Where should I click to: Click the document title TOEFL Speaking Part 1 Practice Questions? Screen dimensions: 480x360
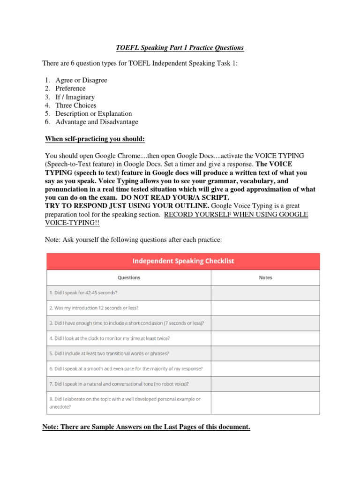pos(180,48)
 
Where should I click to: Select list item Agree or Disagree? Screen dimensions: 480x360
pos(81,80)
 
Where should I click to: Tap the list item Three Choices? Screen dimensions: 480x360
pos(75,105)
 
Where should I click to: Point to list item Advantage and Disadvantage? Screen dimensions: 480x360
pos(97,122)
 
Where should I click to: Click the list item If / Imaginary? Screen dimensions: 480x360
pos(75,97)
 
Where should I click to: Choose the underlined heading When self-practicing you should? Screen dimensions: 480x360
pos(95,139)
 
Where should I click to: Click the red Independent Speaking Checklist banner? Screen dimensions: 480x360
pos(183,261)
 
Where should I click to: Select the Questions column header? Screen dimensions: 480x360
pos(129,277)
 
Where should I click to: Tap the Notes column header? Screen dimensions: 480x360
pos(265,277)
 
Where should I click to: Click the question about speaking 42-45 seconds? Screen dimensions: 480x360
pos(83,292)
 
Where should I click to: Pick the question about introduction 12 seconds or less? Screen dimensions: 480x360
pos(94,308)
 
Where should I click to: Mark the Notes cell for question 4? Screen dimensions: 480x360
pos(265,338)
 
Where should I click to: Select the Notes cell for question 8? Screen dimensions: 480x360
pos(265,403)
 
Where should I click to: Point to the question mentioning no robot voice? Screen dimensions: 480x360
pos(119,384)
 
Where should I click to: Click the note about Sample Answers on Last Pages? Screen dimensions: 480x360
pos(146,427)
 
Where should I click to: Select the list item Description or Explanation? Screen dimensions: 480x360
pos(93,113)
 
